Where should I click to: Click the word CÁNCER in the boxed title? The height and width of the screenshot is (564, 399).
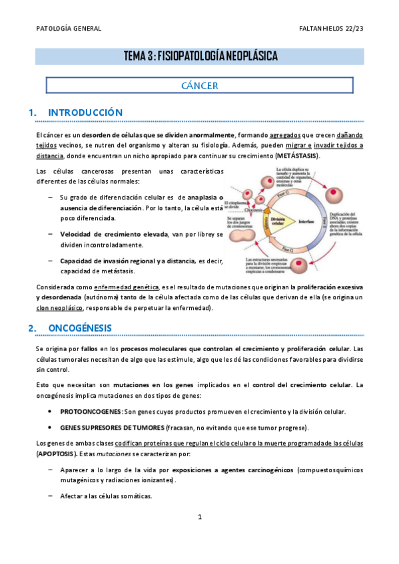(200, 86)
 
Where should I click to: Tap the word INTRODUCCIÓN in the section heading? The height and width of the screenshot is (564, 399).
(85, 113)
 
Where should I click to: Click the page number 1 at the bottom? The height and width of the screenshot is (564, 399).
(199, 535)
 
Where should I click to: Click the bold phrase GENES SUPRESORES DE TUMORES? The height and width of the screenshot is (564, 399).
(105, 427)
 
